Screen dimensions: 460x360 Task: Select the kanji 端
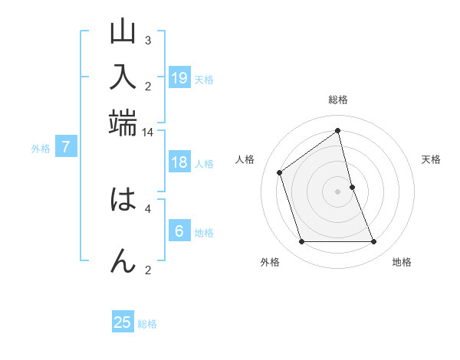(123, 120)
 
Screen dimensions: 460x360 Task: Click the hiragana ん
(123, 260)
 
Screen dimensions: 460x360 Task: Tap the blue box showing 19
(179, 77)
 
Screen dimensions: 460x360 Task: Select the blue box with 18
(179, 162)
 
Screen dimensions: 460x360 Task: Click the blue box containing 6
(179, 231)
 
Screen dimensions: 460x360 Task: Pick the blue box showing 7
(66, 147)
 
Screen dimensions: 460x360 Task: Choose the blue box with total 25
(123, 322)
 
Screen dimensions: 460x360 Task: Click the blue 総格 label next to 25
(147, 324)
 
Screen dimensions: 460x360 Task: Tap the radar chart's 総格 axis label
(338, 100)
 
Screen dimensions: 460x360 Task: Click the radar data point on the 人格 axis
(280, 172)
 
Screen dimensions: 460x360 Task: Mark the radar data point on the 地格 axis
(373, 242)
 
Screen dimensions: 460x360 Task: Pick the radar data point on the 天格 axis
(352, 187)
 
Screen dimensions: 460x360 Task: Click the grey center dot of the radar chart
(338, 191)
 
